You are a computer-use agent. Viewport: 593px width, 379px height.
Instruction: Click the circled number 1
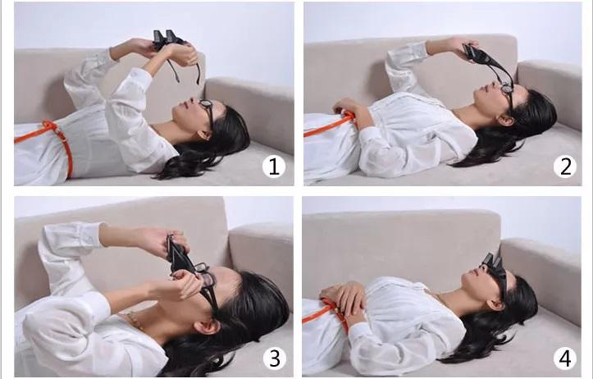coord(274,167)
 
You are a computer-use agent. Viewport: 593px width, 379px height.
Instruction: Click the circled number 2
coord(564,167)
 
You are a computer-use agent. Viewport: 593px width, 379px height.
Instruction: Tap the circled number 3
coord(275,358)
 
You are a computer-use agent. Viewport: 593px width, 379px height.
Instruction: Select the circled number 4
coord(564,358)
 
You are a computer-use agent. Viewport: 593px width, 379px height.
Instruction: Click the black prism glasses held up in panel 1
coord(168,38)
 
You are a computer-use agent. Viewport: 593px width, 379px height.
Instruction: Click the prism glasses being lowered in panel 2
coord(485,62)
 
